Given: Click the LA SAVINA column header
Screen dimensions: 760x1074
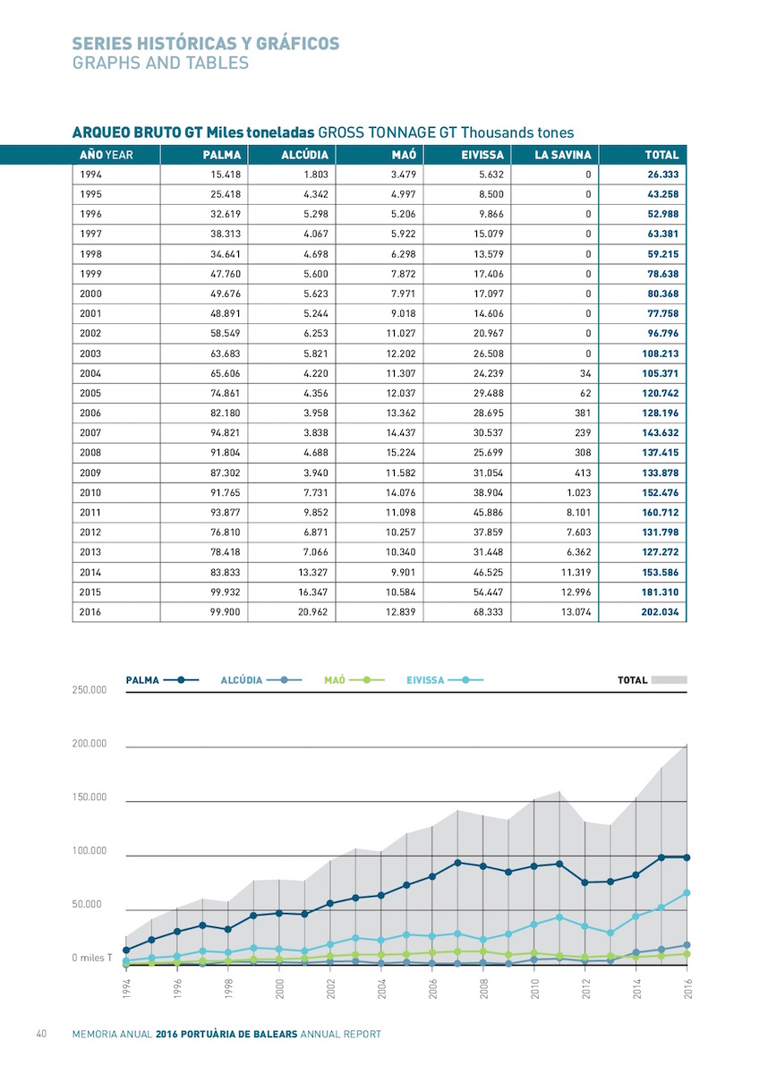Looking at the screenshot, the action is click(562, 155).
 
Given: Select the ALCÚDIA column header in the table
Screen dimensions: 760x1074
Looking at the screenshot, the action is click(304, 155).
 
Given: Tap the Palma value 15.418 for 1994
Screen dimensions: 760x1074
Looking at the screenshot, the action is click(226, 175).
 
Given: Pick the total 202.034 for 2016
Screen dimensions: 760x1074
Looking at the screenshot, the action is click(660, 612).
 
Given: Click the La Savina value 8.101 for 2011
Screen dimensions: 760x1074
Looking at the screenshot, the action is click(579, 513).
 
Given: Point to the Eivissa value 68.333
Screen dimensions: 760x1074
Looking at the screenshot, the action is click(488, 612).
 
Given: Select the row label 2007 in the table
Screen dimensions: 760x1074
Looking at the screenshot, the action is click(90, 433).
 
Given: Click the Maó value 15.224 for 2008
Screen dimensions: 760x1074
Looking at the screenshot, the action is click(401, 453).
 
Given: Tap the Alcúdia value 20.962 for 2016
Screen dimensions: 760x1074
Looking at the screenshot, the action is click(312, 612).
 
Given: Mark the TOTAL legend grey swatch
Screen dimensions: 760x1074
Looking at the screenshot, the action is click(669, 680).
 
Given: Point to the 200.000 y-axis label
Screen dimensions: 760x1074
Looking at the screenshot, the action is click(90, 744).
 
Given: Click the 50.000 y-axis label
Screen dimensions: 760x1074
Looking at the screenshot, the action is click(87, 904).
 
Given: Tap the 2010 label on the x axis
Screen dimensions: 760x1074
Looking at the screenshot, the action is click(534, 988).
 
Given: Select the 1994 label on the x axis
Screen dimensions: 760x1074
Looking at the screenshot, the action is click(126, 988).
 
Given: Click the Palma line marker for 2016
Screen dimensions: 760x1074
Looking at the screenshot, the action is click(687, 857).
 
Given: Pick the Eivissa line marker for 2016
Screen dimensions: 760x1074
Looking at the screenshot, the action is click(687, 893).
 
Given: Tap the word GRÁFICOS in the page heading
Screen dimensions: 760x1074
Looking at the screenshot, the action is click(297, 43).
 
